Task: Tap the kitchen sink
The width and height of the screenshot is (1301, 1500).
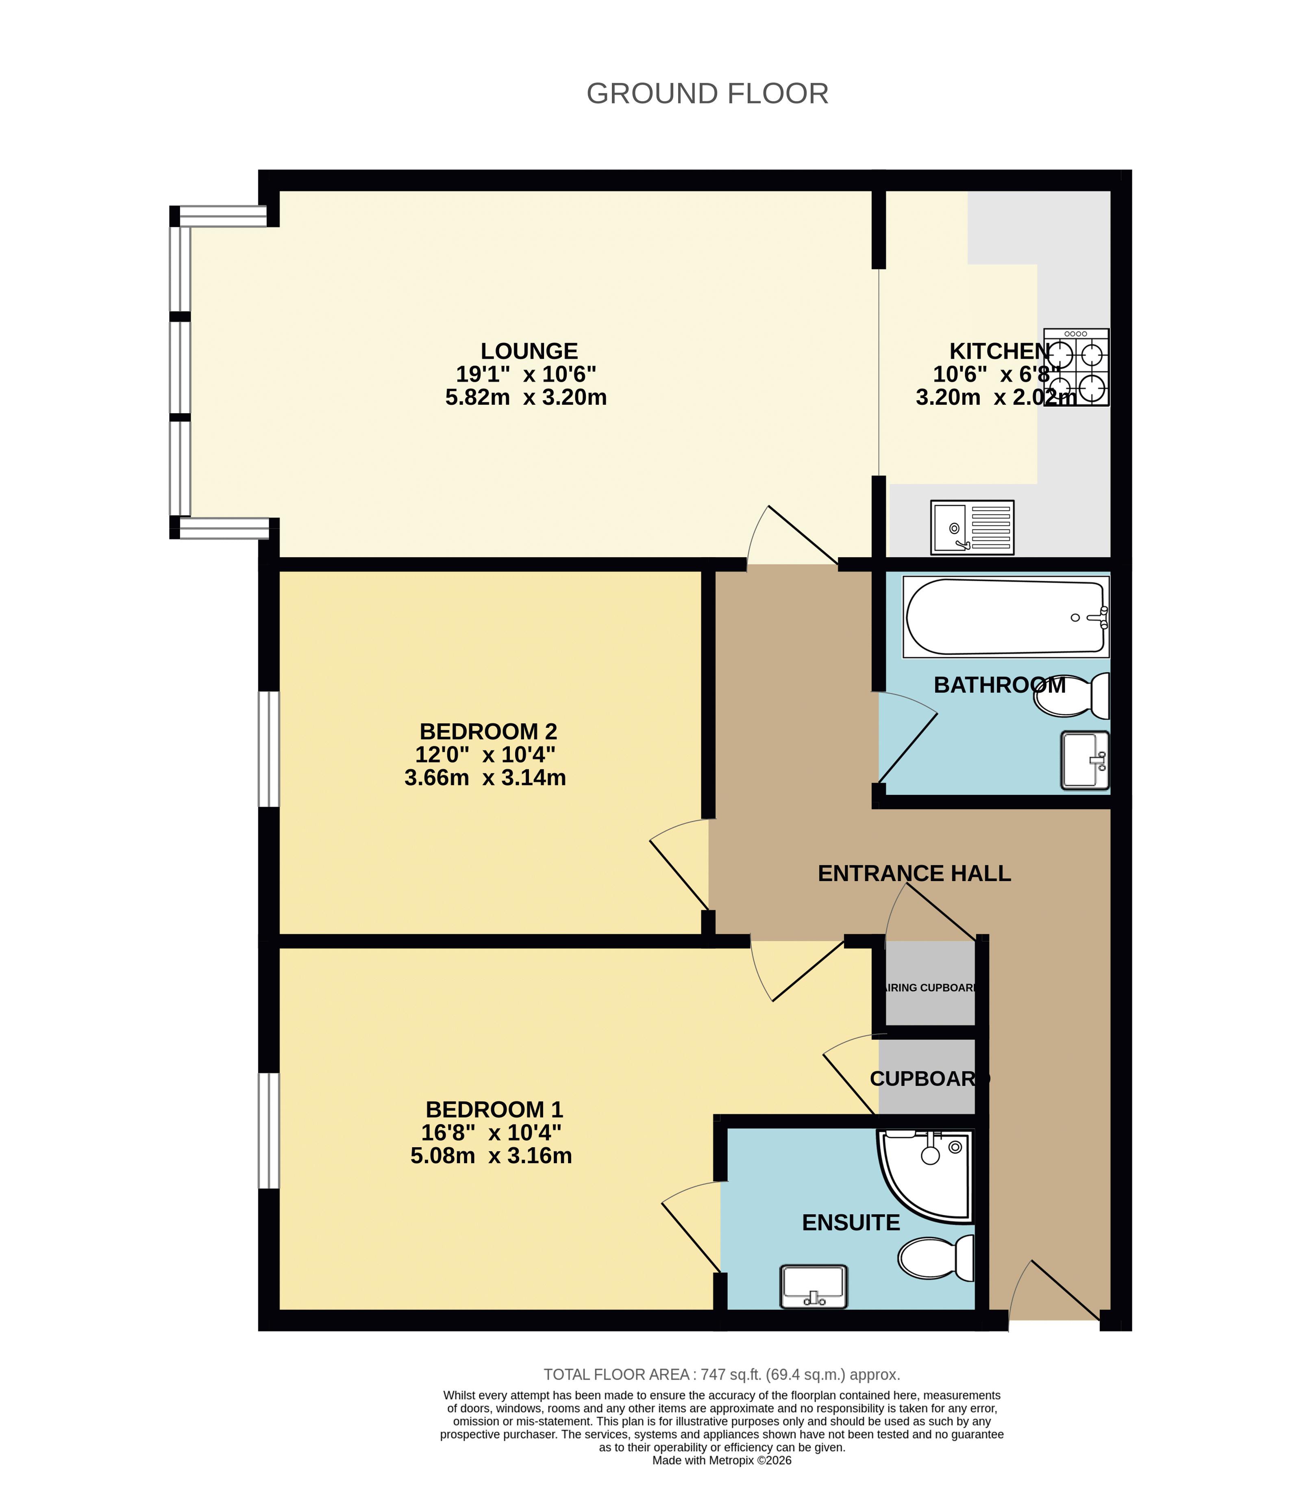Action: coord(972,527)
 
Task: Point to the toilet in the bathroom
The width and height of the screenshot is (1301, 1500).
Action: coord(1073,695)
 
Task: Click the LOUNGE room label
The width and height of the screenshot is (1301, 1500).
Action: coord(529,351)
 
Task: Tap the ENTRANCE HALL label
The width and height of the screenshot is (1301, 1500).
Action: coord(914,873)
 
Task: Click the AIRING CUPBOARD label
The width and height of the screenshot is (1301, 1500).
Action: coord(930,988)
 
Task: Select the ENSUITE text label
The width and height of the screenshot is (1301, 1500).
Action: coord(851,1223)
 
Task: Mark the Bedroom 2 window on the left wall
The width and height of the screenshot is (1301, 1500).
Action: coord(269,749)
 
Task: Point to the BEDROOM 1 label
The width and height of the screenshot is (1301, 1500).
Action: coord(494,1109)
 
